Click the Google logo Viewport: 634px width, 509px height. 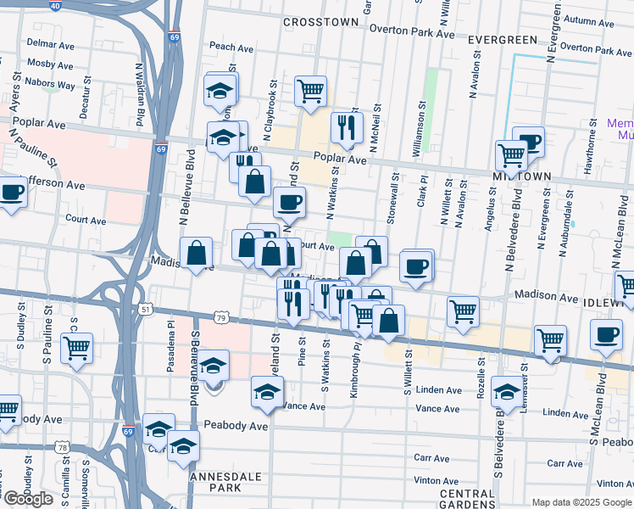(28, 499)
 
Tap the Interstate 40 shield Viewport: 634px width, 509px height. (55, 5)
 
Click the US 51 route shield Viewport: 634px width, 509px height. (147, 310)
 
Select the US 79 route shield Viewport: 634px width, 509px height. (220, 318)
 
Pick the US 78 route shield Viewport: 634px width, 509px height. (64, 447)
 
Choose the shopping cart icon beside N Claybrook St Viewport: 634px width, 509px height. (311, 90)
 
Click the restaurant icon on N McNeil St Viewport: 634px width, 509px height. (347, 127)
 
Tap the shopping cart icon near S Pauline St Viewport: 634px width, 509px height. (76, 347)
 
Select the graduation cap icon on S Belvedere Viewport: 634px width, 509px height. (507, 391)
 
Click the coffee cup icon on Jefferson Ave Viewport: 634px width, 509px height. (12, 193)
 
